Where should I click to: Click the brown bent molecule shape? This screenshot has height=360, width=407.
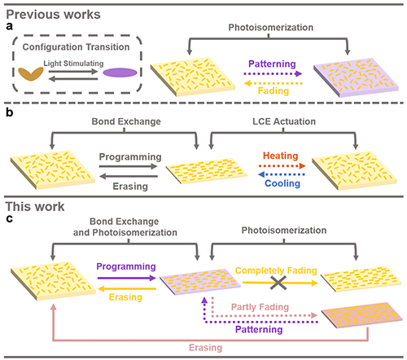pos(31,74)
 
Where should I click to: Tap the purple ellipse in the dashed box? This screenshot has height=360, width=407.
pos(120,72)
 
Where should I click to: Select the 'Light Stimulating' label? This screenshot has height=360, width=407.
pos(73,64)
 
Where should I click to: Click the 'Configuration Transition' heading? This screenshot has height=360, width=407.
pos(76,47)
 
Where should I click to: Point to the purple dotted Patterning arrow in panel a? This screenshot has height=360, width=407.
pos(273,73)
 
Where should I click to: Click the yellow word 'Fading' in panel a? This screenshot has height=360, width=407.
pos(274,90)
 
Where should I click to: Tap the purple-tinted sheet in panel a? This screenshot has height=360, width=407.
pos(356,77)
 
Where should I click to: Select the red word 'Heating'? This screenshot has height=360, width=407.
pos(281,156)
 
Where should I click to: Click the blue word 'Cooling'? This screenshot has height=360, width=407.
pos(282,183)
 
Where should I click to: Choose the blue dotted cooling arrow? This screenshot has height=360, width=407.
pos(282,174)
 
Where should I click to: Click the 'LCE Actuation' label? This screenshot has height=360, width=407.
pos(284,121)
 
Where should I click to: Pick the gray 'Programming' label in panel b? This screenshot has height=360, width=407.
pos(130,156)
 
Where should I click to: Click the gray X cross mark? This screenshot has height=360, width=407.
pos(278,283)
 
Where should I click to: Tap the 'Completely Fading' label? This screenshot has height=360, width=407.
pos(276,270)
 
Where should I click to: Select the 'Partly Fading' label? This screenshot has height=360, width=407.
pos(260,307)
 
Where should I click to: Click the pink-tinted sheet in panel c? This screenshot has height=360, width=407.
pos(361,315)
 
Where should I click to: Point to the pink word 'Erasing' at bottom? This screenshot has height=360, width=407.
pos(206,348)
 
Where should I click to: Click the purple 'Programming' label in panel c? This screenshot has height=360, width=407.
pos(126,266)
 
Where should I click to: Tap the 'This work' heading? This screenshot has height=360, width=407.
pos(35,207)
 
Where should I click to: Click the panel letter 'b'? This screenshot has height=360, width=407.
pos(10,112)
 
